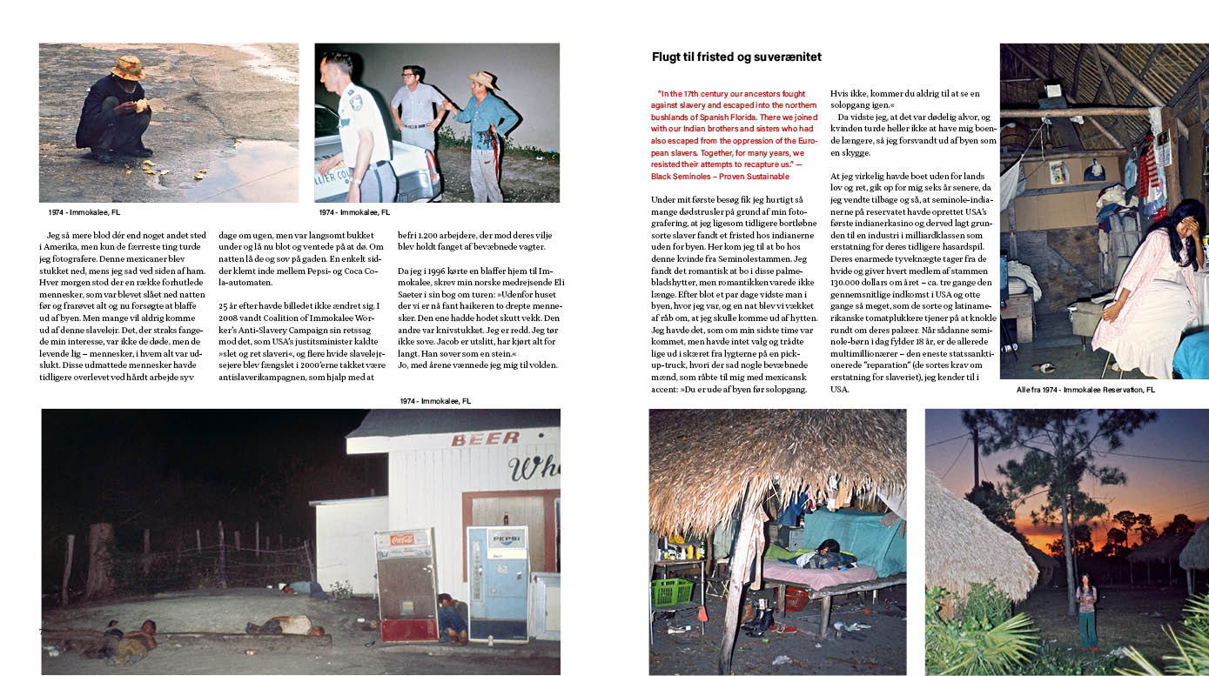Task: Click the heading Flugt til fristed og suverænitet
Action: (x=736, y=57)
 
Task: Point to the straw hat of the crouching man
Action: (x=128, y=67)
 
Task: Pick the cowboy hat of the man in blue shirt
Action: (x=483, y=79)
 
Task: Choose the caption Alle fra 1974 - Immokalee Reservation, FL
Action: (x=1085, y=390)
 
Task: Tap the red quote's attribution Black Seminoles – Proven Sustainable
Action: (x=720, y=176)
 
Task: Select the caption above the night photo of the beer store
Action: (x=435, y=401)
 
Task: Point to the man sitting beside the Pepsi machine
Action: (x=451, y=614)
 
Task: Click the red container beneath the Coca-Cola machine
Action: (x=409, y=629)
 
